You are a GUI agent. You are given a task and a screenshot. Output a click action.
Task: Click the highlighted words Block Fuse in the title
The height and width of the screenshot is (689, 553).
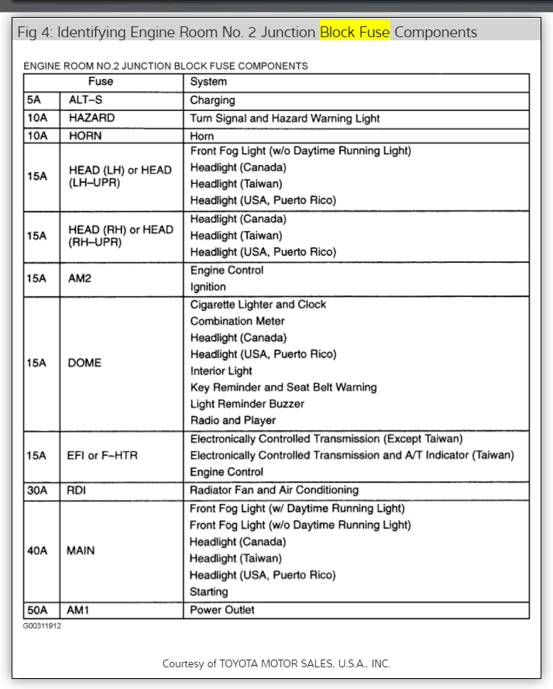[355, 32]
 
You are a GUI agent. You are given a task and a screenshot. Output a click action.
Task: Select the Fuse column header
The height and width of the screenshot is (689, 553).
[100, 81]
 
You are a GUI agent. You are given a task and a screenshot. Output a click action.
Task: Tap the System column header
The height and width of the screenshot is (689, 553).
[208, 81]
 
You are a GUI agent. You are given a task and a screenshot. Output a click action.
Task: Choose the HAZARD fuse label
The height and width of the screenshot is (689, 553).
[91, 118]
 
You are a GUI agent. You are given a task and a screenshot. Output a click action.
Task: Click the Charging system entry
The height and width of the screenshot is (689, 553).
[212, 100]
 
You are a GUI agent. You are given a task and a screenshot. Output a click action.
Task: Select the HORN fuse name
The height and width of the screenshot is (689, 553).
[85, 136]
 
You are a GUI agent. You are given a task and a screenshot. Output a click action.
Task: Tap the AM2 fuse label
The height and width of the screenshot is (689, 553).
[80, 278]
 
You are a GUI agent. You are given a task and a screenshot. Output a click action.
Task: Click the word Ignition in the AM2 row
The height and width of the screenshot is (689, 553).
[208, 287]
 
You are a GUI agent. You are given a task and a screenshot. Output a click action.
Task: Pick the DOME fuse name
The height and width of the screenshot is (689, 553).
[85, 363]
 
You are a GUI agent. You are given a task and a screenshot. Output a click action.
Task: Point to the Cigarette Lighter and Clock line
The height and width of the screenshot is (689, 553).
[258, 305]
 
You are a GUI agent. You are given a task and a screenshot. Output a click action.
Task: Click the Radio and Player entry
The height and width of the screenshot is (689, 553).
[232, 420]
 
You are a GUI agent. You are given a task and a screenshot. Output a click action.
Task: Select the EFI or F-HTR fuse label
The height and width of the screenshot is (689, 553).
[103, 455]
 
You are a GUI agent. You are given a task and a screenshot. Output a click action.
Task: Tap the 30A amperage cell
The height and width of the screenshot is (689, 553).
[37, 490]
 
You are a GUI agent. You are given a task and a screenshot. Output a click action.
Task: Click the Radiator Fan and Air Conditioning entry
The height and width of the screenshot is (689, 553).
[274, 490]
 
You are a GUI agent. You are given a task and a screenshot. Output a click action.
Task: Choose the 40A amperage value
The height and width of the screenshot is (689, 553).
[37, 550]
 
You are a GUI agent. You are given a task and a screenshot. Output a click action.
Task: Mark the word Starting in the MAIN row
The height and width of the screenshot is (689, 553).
[209, 591]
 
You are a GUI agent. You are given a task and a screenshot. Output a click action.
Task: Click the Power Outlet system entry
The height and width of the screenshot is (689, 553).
[222, 610]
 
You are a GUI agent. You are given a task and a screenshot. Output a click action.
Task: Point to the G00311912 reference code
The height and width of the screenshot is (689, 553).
[43, 625]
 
